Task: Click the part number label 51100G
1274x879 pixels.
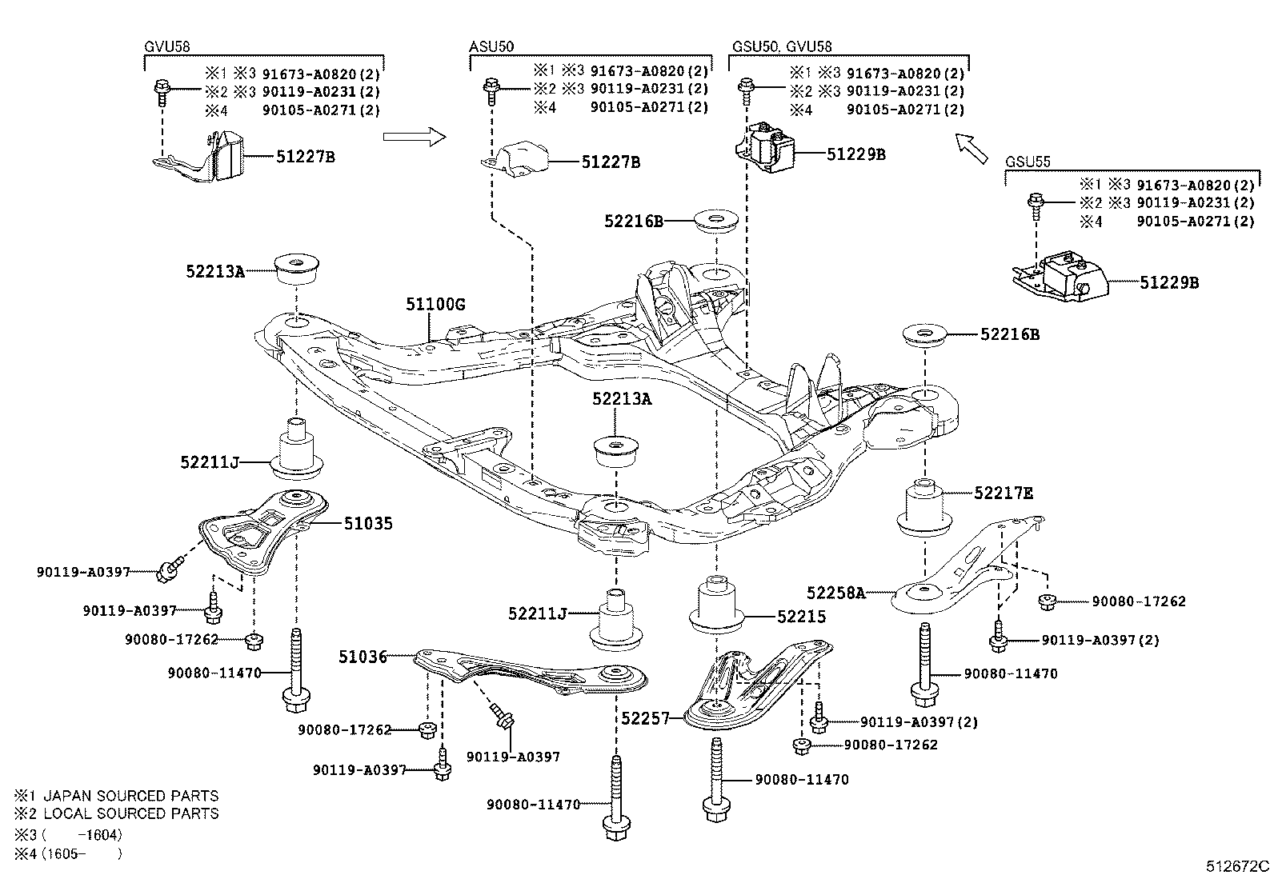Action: pos(435,305)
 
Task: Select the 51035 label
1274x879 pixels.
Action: pos(368,524)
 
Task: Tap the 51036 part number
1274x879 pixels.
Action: pos(362,657)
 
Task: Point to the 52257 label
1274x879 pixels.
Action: pos(645,718)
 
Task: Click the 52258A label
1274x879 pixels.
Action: pos(835,593)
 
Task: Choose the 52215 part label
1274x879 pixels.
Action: pos(801,617)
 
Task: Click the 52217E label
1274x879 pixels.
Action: pos(1004,493)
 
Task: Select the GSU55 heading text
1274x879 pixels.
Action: pos(1028,162)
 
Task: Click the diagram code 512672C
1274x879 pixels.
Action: pos(1238,866)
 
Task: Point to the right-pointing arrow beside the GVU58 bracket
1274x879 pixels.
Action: pos(413,137)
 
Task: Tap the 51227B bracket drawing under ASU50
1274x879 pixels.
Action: pos(517,158)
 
